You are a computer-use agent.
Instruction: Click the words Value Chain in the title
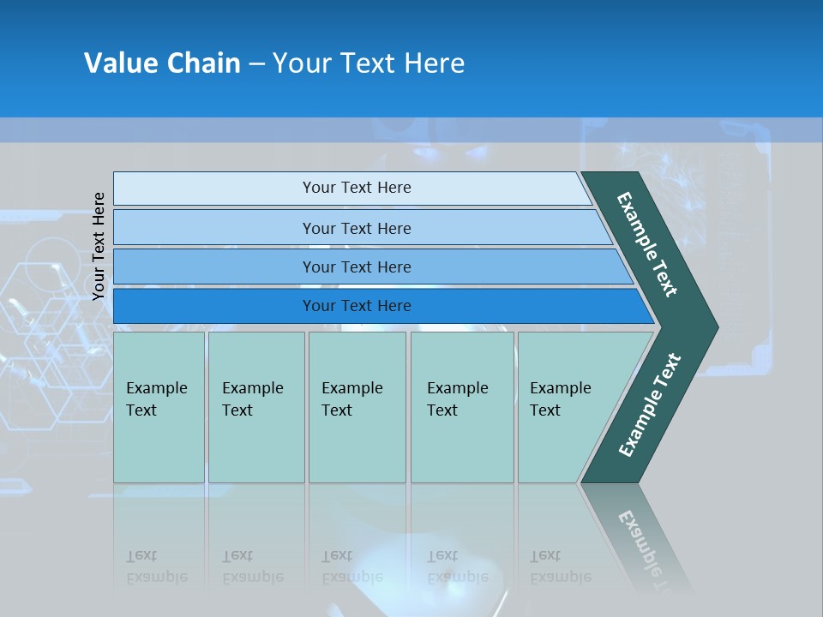point(162,63)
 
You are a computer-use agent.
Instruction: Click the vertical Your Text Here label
point(99,246)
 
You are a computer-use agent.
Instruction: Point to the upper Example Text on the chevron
point(647,244)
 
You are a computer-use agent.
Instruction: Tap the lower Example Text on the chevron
point(650,404)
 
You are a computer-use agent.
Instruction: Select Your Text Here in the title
point(369,63)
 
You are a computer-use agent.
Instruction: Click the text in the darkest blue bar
point(357,306)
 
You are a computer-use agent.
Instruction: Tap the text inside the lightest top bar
point(357,188)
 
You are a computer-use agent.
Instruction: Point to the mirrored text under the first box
point(156,566)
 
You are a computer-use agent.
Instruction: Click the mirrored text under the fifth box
point(560,566)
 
